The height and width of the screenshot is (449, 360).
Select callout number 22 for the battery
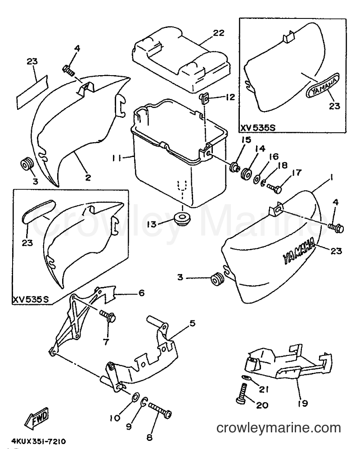coord(219,33)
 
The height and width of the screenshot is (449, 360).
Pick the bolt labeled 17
coord(275,188)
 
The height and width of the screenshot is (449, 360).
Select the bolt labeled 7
coord(108,315)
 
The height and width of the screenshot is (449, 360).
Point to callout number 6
coord(141,293)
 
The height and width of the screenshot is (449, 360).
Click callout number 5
coord(192,323)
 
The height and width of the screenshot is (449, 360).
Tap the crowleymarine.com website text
coord(279,428)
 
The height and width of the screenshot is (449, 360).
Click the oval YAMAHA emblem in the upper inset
coord(323,85)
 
